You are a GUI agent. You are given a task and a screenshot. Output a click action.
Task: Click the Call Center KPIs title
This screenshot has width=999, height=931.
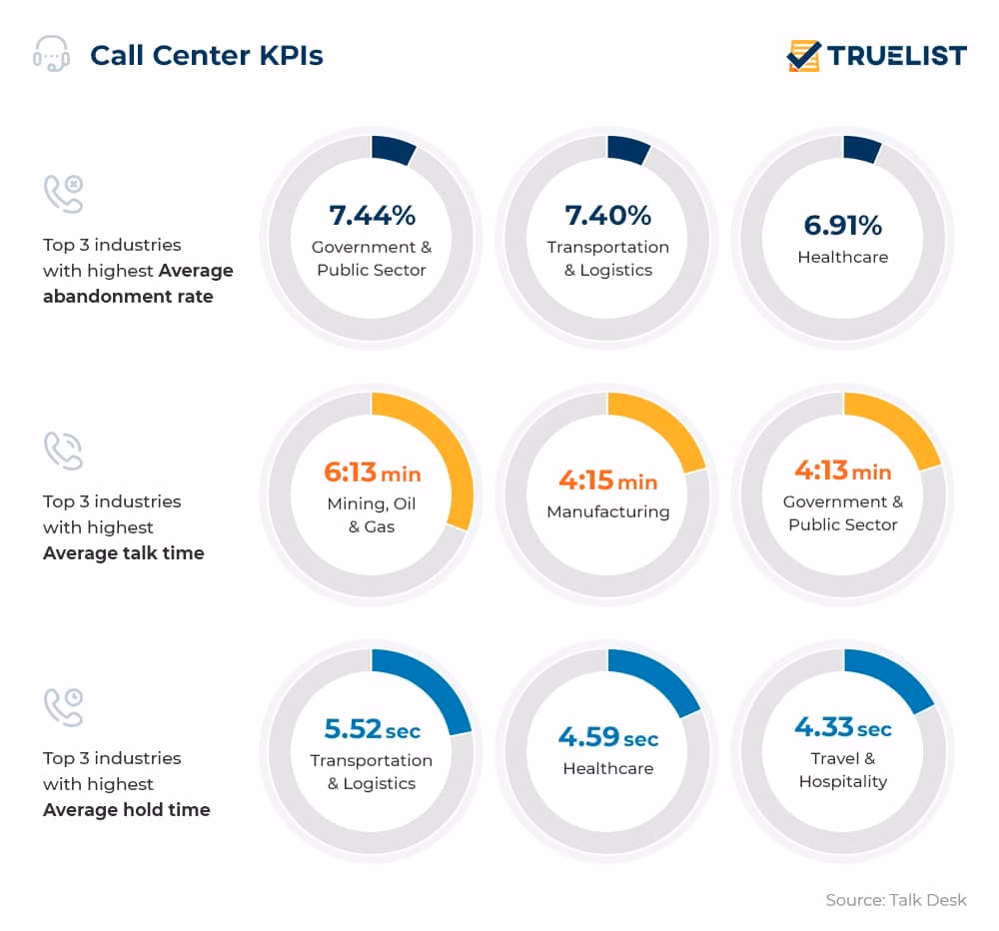(x=206, y=55)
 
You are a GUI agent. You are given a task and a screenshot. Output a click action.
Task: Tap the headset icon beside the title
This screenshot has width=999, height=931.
(x=51, y=54)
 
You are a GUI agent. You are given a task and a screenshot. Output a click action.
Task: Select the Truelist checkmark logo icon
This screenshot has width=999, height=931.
(x=803, y=55)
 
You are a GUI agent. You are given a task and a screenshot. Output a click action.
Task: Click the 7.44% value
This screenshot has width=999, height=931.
(x=372, y=215)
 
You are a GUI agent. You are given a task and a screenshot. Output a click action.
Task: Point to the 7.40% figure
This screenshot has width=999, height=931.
(x=607, y=215)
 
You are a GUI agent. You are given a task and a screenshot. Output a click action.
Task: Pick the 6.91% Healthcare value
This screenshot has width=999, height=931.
(x=842, y=225)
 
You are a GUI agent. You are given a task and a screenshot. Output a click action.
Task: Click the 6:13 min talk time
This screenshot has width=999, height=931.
(x=372, y=471)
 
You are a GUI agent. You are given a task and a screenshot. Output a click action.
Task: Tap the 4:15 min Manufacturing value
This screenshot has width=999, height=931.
(x=607, y=480)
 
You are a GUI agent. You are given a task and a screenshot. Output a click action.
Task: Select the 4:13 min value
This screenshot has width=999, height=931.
(x=842, y=469)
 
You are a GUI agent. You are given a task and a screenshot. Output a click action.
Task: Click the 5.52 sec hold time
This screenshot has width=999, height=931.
(x=372, y=728)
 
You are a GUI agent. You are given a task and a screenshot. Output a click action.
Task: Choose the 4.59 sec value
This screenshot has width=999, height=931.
(x=607, y=738)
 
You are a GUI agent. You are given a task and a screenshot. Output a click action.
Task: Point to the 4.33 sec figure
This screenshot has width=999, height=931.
(x=842, y=726)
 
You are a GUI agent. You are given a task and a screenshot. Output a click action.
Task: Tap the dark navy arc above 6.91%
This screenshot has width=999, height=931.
(x=860, y=150)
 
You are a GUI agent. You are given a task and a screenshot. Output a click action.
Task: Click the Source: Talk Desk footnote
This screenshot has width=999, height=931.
(x=896, y=900)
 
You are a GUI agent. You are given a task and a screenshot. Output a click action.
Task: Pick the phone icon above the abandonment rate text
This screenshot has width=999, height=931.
(x=63, y=194)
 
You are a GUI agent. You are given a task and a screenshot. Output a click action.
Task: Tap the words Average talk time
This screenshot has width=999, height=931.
(x=123, y=552)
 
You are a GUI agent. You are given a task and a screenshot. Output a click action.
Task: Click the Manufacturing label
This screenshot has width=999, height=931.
(x=607, y=511)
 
